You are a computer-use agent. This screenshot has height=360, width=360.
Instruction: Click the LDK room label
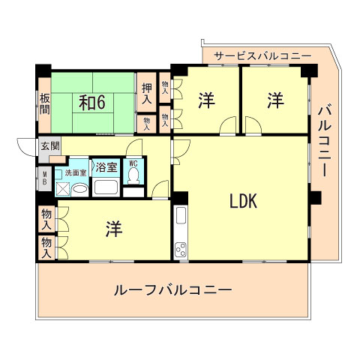tap(244, 200)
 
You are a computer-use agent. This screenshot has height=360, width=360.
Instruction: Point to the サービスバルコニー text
tap(262, 55)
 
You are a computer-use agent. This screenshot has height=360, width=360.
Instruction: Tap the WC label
tap(133, 163)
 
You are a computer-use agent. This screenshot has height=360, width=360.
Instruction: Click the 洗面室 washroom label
tap(76, 172)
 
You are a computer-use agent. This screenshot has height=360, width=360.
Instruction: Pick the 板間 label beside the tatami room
tap(45, 103)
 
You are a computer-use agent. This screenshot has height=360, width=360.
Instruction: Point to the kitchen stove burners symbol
tap(181, 248)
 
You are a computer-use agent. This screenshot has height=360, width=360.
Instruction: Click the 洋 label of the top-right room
tap(275, 100)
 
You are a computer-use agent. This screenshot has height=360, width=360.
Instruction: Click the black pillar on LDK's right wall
tap(314, 199)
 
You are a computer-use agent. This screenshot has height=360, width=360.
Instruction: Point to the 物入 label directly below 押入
tap(147, 122)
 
